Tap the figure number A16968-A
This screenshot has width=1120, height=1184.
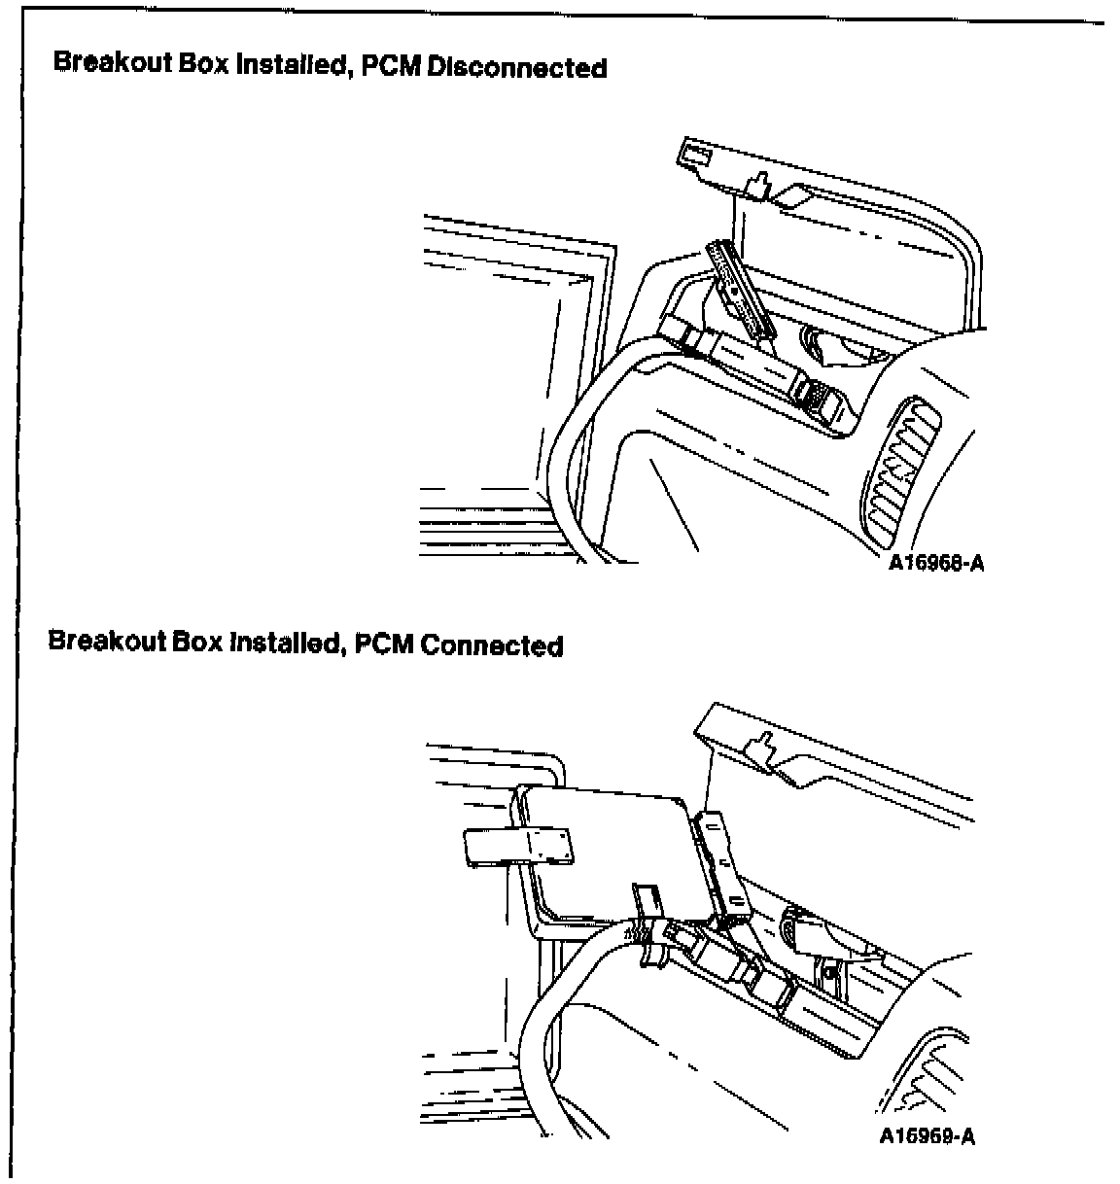(x=936, y=563)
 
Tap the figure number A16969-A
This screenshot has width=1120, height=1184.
(x=927, y=1136)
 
